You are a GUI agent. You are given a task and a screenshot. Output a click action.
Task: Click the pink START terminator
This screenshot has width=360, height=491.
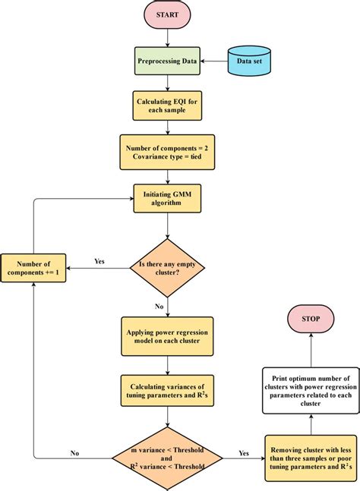click(167, 15)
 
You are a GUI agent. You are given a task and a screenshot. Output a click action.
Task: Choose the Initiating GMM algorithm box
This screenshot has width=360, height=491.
click(167, 198)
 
